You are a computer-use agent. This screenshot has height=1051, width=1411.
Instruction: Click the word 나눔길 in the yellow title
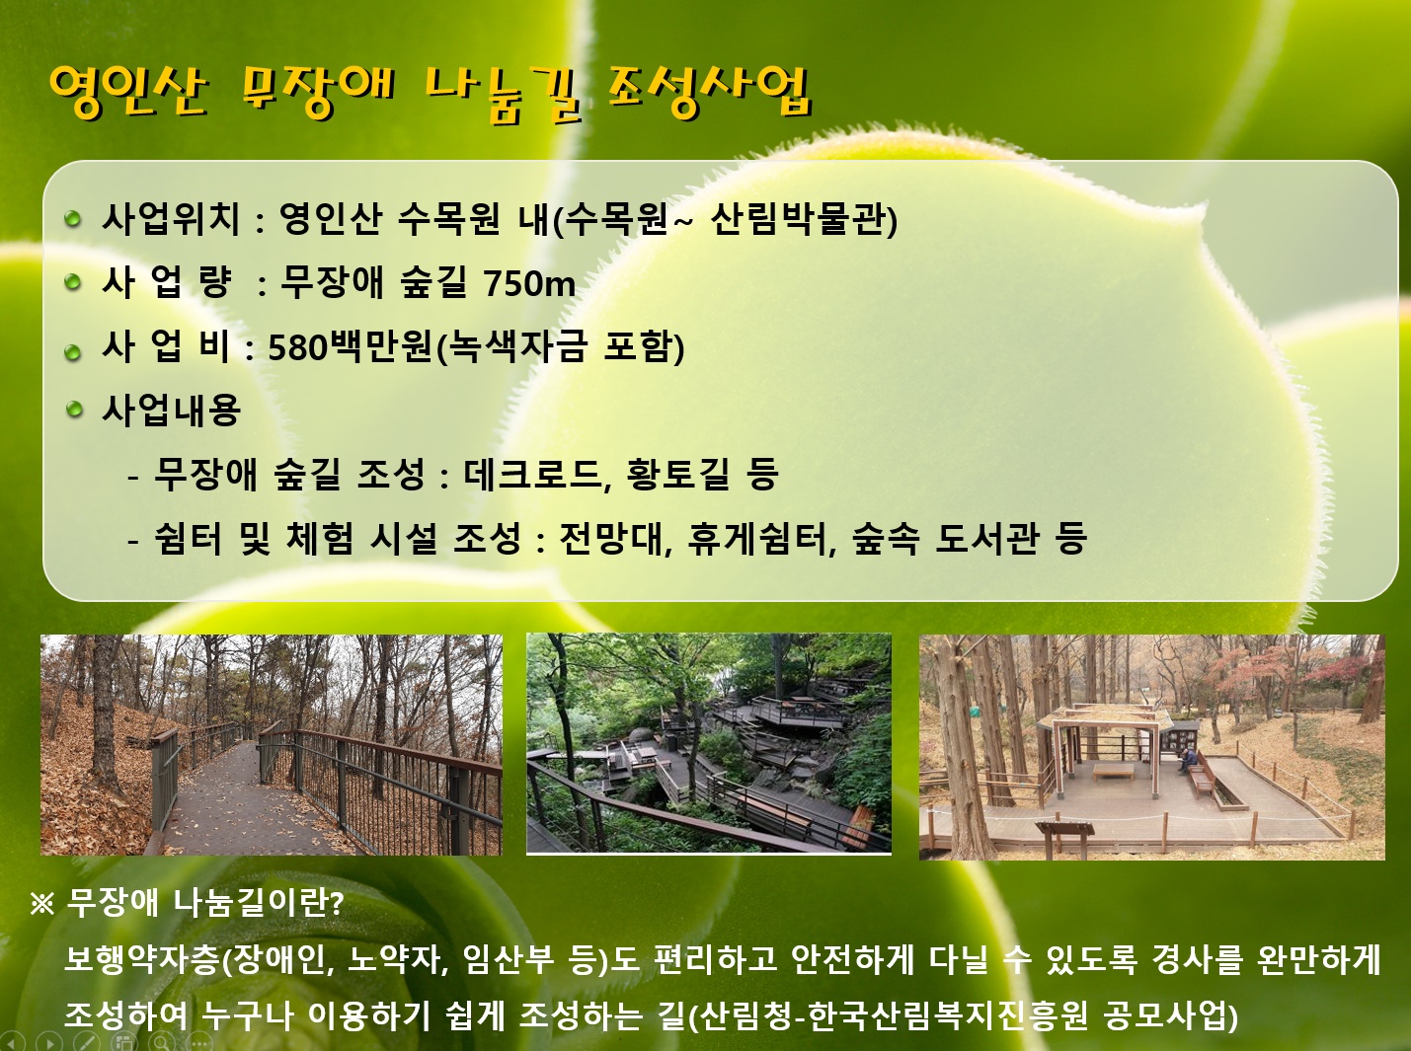504,97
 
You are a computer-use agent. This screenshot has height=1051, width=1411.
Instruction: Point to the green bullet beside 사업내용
75,410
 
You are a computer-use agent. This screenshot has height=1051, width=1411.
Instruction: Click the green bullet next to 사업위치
73,218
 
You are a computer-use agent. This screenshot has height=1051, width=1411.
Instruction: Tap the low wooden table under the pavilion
1113,770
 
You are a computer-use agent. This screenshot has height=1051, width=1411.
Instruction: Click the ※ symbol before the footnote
42,905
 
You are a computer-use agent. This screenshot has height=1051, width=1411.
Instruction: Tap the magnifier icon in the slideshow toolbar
163,1042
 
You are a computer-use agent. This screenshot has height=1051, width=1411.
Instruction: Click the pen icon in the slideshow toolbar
86,1042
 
